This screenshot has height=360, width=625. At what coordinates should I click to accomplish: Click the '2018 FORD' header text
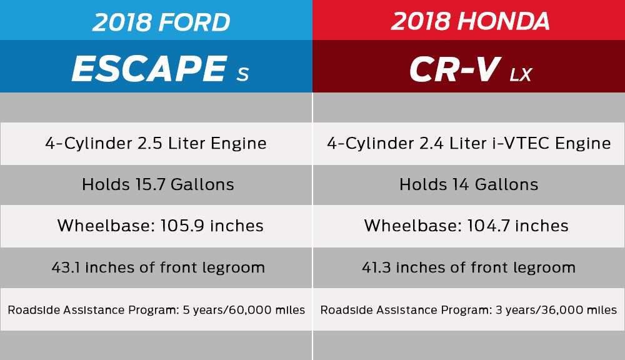pos(161,22)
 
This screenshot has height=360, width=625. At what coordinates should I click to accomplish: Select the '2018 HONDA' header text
pos(470,22)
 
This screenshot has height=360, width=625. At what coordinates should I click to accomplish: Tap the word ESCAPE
pos(149,69)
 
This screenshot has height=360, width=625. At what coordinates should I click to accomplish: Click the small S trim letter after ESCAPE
pos(242,74)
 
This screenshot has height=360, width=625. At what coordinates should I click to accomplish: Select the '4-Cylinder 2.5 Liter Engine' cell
pos(156,143)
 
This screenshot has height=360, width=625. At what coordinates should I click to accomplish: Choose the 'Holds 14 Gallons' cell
pos(469,184)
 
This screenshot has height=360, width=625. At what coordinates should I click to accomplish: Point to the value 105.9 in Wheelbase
pos(182,226)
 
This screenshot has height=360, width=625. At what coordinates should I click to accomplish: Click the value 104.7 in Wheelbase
pos(487,226)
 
